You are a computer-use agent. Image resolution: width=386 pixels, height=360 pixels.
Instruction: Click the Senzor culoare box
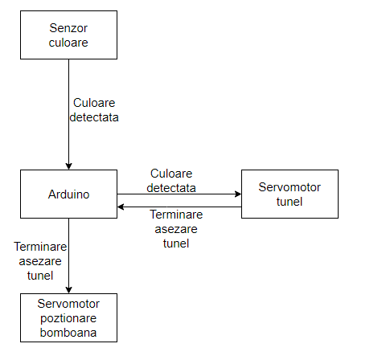[x=68, y=35]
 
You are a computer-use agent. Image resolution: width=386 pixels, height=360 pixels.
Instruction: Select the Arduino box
[x=68, y=194]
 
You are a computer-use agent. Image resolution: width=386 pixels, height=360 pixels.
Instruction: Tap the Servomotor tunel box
[x=289, y=194]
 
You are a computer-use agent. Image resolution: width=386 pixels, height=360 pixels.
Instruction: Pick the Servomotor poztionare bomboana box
[x=68, y=317]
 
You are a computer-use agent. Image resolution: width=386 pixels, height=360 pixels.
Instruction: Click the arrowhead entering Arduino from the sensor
[x=68, y=166]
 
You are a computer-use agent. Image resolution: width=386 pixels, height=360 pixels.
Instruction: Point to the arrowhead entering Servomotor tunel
[x=238, y=194]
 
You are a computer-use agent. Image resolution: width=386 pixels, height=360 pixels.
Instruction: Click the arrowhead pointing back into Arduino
[x=121, y=207]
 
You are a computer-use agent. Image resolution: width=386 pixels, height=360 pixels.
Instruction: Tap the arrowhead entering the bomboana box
[x=68, y=290]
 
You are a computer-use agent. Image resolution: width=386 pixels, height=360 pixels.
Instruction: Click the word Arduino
[x=68, y=194]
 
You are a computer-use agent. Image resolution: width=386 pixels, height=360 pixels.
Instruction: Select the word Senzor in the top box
[x=68, y=28]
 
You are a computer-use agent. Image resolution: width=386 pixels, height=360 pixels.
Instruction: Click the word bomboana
[x=68, y=333]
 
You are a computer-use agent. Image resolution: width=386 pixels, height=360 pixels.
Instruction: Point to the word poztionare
[x=68, y=318]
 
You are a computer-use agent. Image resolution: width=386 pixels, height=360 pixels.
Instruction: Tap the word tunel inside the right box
[x=289, y=202]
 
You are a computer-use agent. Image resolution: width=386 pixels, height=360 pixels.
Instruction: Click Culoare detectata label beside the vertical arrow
[x=94, y=110]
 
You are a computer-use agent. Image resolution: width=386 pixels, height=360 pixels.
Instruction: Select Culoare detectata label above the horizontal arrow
[x=171, y=181]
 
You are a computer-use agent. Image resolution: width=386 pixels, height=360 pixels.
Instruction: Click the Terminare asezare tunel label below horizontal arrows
[x=176, y=229]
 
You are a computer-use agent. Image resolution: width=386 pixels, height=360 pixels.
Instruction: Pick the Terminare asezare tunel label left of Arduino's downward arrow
[x=40, y=261]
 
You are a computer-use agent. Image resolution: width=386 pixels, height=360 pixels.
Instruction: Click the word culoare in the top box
[x=68, y=43]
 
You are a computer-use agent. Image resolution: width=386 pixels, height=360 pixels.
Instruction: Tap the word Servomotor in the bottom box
[x=68, y=304]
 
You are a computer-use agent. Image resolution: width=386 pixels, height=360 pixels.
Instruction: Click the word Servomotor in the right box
[x=289, y=187]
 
